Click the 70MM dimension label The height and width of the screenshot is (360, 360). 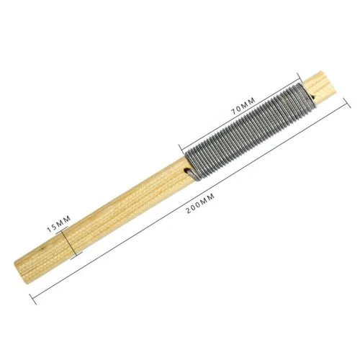point(243,106)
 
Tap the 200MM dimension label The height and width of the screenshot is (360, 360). point(200,204)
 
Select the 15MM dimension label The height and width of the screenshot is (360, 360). point(59,224)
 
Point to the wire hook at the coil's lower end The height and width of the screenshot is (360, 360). point(191,174)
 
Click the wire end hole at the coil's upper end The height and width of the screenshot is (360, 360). point(312,97)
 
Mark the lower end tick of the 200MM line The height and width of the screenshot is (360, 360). point(33,299)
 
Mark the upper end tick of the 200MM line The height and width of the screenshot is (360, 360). point(347,103)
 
